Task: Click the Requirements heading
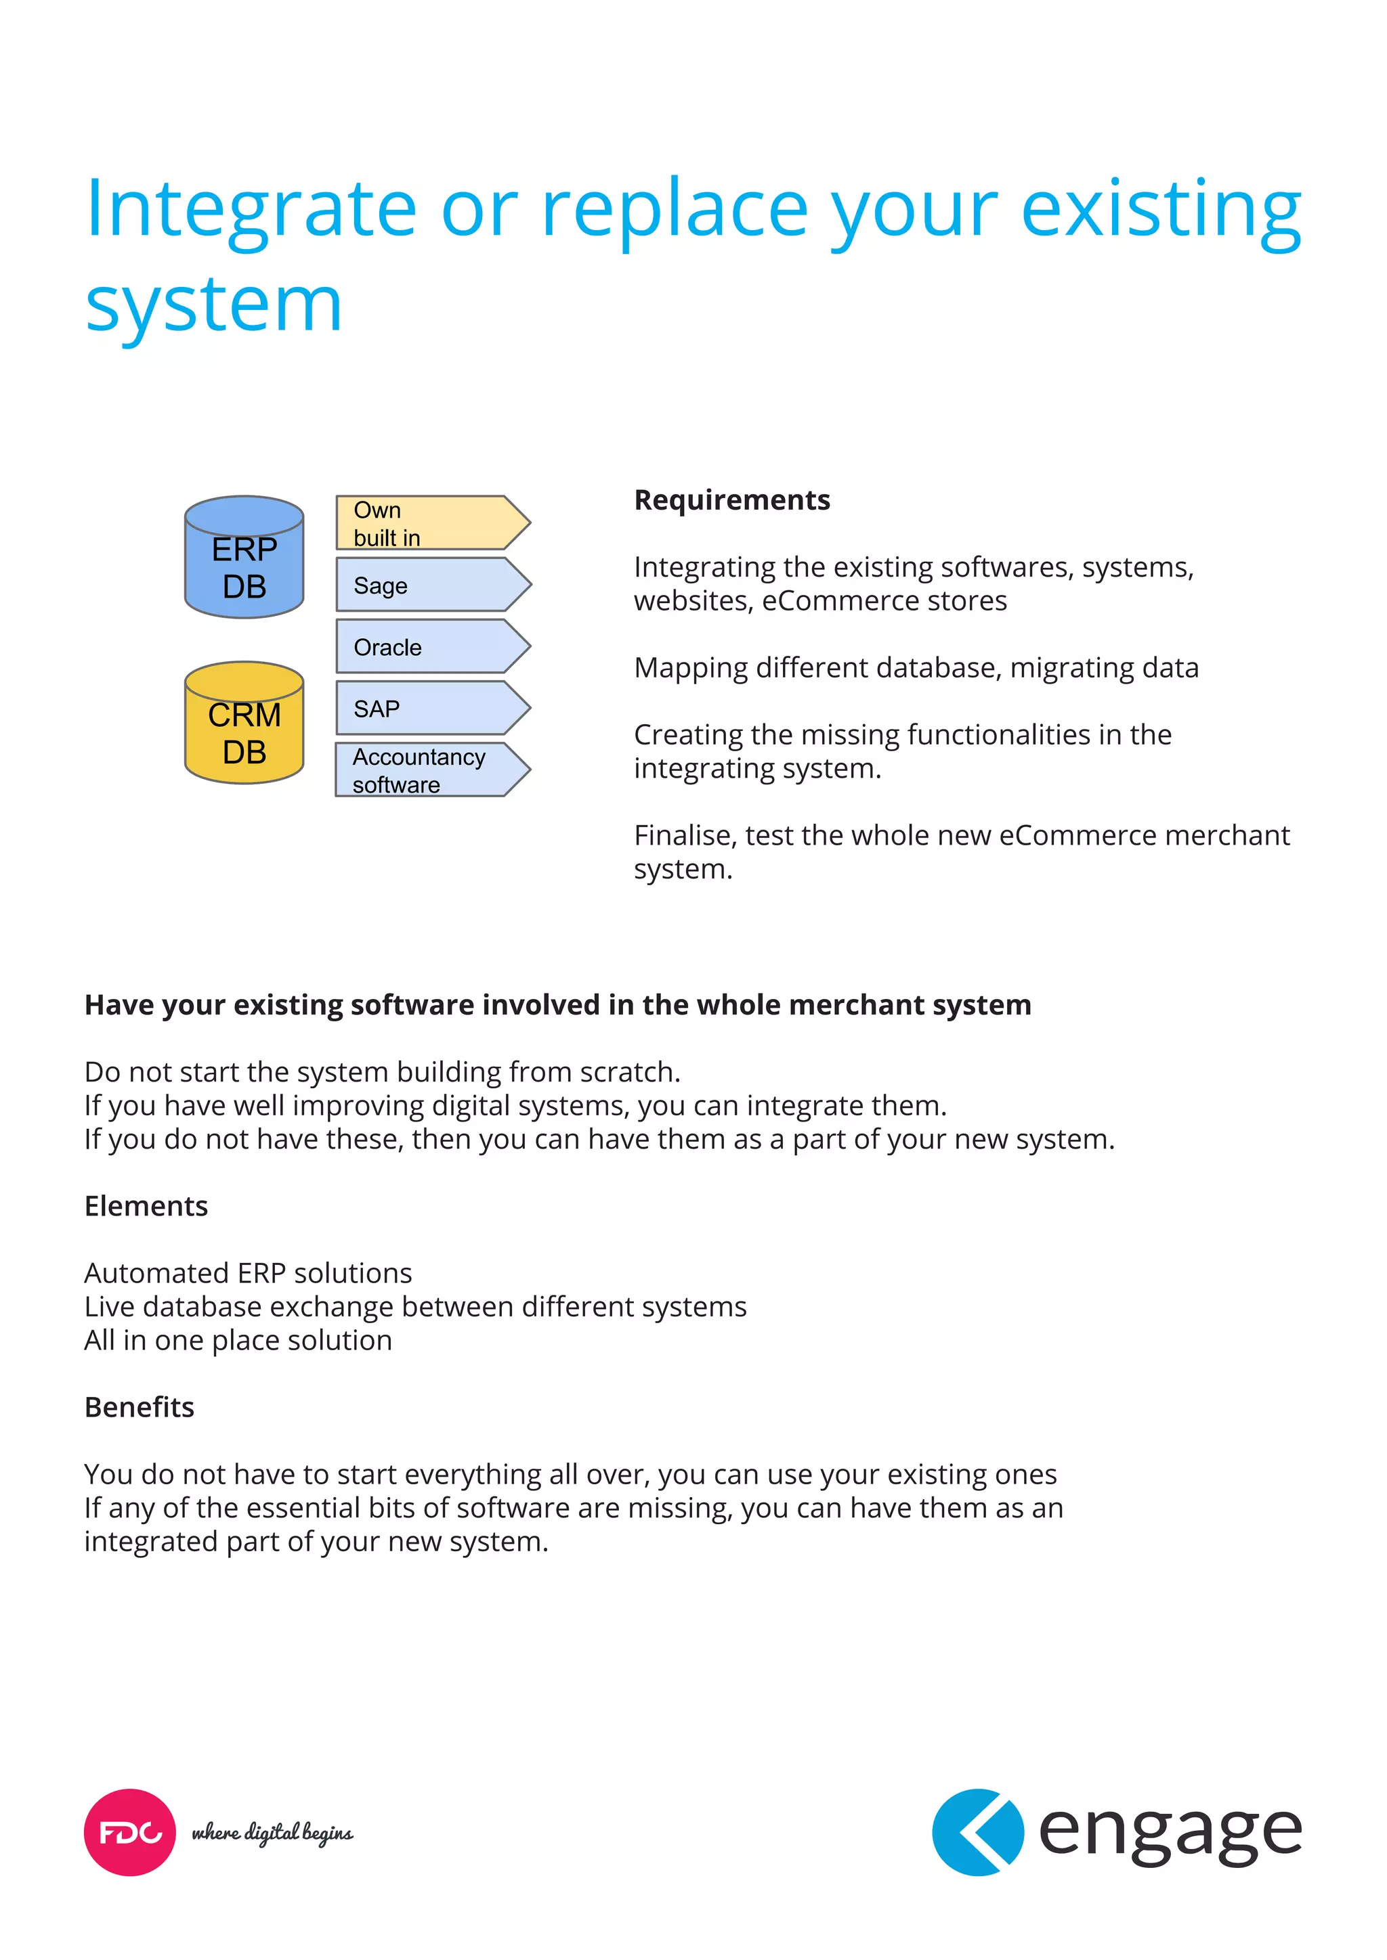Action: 732,500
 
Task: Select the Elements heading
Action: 146,1206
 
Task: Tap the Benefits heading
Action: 140,1408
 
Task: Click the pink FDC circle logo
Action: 130,1832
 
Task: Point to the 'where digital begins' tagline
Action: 272,1833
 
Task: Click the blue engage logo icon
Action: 977,1832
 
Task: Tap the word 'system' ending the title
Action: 213,305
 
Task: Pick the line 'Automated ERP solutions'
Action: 248,1274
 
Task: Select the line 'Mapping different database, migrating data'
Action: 916,667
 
